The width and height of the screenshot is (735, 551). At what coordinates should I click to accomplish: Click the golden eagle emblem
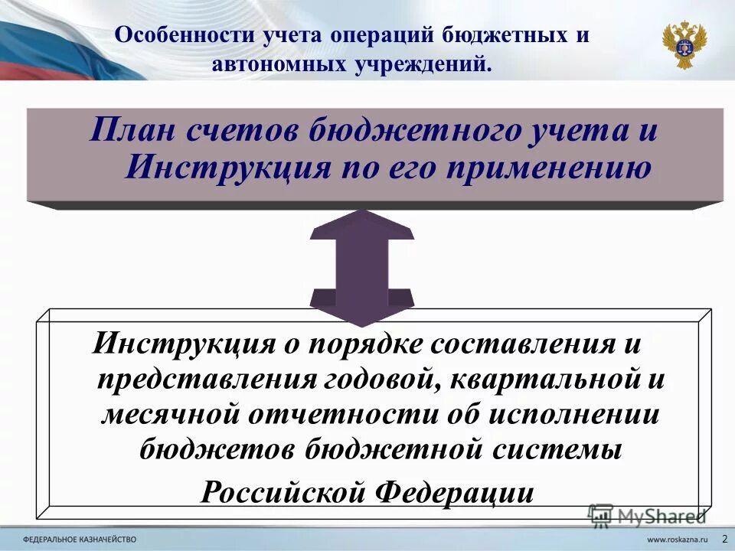point(684,44)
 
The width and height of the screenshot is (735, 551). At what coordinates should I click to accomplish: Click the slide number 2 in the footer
point(724,539)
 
